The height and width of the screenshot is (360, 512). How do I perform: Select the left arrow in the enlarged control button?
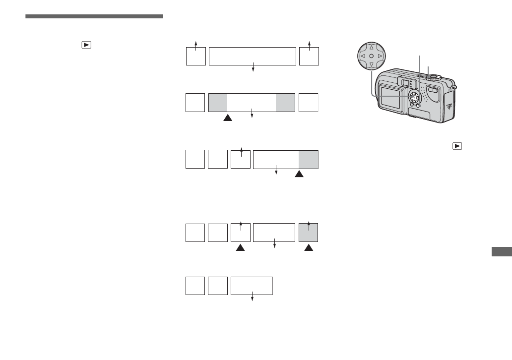[x=362, y=57]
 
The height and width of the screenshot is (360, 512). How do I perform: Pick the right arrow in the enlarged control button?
[x=380, y=57]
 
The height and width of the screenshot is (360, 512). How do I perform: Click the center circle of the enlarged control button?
[x=371, y=57]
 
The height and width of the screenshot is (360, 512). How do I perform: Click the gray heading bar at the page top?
[x=94, y=17]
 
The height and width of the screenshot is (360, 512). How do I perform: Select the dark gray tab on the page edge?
[x=501, y=252]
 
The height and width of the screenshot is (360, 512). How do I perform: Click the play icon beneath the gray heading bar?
[x=86, y=45]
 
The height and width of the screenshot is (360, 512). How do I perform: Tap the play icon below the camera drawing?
[x=456, y=146]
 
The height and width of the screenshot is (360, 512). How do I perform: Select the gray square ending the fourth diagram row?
[x=309, y=233]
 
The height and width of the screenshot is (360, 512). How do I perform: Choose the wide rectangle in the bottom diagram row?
[x=252, y=286]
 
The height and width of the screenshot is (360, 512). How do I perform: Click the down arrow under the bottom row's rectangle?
[x=253, y=298]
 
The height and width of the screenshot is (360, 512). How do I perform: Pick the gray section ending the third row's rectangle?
[x=309, y=159]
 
